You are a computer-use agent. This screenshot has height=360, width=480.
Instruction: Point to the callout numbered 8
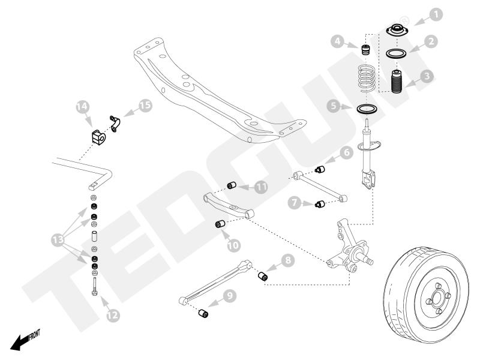[288, 262]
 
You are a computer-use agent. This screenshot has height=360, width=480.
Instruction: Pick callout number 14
[83, 109]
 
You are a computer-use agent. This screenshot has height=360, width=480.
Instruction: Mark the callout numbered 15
[144, 104]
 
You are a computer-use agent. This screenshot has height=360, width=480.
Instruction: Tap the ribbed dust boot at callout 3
[396, 89]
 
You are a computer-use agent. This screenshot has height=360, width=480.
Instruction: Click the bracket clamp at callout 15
[115, 122]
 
